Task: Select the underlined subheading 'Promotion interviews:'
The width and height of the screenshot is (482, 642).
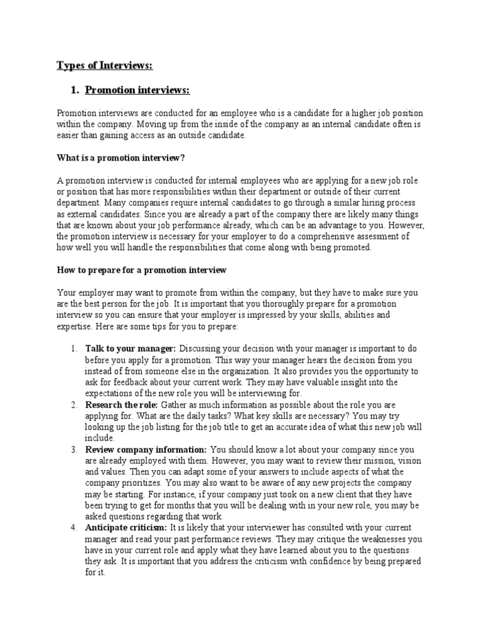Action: pos(137,91)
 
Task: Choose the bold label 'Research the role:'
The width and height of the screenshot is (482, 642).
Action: pos(122,405)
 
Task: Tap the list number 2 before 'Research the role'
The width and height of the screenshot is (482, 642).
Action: pos(73,405)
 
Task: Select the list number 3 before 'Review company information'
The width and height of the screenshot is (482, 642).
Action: pos(73,450)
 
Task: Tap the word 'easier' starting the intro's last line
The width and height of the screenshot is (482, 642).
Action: pos(69,135)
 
